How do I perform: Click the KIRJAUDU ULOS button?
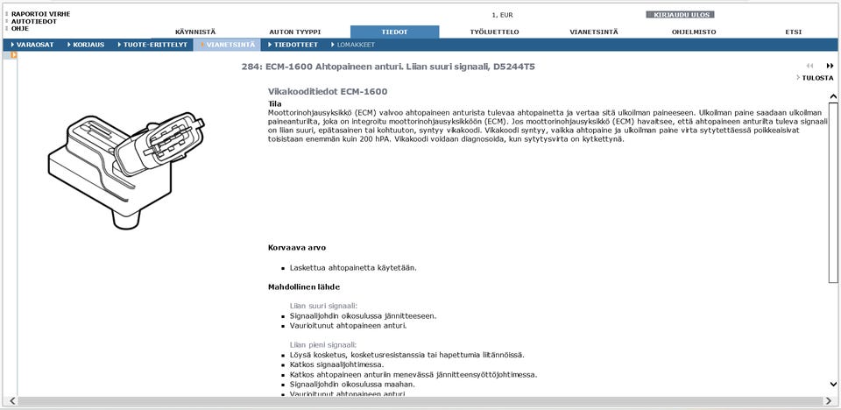point(680,15)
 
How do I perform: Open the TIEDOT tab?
point(394,32)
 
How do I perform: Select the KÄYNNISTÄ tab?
point(195,32)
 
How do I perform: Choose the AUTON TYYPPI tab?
point(294,32)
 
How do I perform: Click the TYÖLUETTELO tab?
point(494,32)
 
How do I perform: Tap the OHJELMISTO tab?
point(694,32)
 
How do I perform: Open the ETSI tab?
point(793,32)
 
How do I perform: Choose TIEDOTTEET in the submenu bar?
point(295,45)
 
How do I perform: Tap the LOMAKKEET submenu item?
point(356,45)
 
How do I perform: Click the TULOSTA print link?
point(817,78)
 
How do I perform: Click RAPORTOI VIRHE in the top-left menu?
point(40,14)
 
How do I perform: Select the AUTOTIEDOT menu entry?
point(34,21)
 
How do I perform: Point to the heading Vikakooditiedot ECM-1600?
point(327,91)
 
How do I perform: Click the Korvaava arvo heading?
point(296,248)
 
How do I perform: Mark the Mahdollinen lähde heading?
point(303,286)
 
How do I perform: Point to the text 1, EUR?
point(502,15)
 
